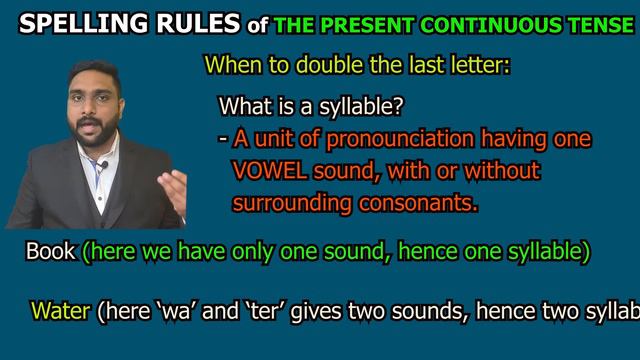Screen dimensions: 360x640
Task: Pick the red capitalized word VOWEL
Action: (265, 171)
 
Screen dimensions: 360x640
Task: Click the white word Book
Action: (50, 252)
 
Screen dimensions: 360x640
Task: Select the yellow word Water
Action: (61, 311)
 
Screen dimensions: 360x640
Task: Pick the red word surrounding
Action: (290, 203)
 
